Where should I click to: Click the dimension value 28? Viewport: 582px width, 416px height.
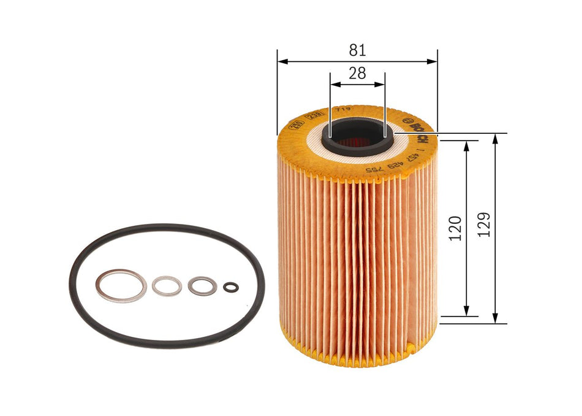pos(357,74)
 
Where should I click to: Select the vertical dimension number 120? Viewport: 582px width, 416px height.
pos(455,228)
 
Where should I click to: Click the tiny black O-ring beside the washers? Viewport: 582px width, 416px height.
pos(231,287)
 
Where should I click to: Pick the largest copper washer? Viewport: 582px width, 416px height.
pos(121,285)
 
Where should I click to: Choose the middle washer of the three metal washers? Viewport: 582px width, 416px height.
pos(167,285)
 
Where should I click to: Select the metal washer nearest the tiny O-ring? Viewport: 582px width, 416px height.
pos(202,286)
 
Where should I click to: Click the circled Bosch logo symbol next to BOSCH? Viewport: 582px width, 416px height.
pos(409,118)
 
